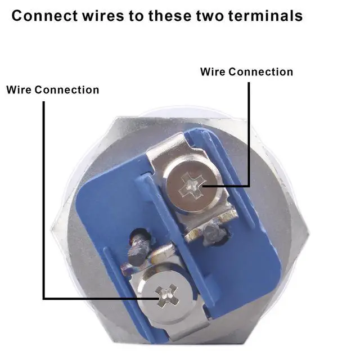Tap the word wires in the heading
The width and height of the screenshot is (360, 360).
click(105, 15)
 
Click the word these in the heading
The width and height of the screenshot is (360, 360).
click(172, 15)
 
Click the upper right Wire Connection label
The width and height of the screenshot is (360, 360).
click(246, 72)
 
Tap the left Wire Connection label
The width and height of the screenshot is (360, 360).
click(53, 90)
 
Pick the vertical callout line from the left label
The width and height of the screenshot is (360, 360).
click(43, 197)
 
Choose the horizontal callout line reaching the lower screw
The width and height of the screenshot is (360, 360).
click(101, 299)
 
